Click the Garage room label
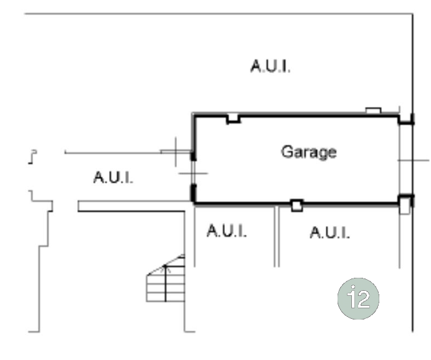(x=309, y=152)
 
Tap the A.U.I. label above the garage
(x=270, y=66)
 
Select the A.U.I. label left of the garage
(x=113, y=178)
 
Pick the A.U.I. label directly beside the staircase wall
(x=227, y=231)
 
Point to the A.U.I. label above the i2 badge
(x=330, y=233)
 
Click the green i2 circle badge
(x=358, y=298)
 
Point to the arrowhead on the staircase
(x=165, y=267)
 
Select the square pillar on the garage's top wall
(x=233, y=118)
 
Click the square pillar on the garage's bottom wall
(x=297, y=206)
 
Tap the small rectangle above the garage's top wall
(x=373, y=110)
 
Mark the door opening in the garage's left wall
(x=193, y=173)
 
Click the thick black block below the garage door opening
(x=193, y=194)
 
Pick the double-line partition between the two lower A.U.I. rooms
(x=277, y=236)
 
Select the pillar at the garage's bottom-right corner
(x=404, y=205)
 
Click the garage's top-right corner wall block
(x=405, y=119)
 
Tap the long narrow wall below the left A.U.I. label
(x=131, y=206)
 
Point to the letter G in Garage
(x=287, y=151)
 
